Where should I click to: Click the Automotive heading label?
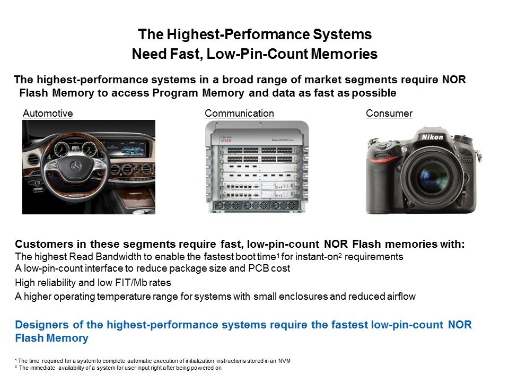click(x=48, y=114)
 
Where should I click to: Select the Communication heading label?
click(x=239, y=114)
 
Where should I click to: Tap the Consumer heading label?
click(x=389, y=114)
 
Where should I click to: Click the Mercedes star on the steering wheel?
click(x=76, y=167)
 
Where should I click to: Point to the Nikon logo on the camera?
click(x=432, y=137)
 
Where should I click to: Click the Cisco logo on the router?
click(x=226, y=138)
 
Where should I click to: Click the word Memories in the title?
click(x=344, y=54)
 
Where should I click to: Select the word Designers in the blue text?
click(x=42, y=325)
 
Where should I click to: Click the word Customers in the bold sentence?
click(x=44, y=244)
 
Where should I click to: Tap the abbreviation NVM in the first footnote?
click(x=284, y=361)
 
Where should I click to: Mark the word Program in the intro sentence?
click(x=175, y=93)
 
